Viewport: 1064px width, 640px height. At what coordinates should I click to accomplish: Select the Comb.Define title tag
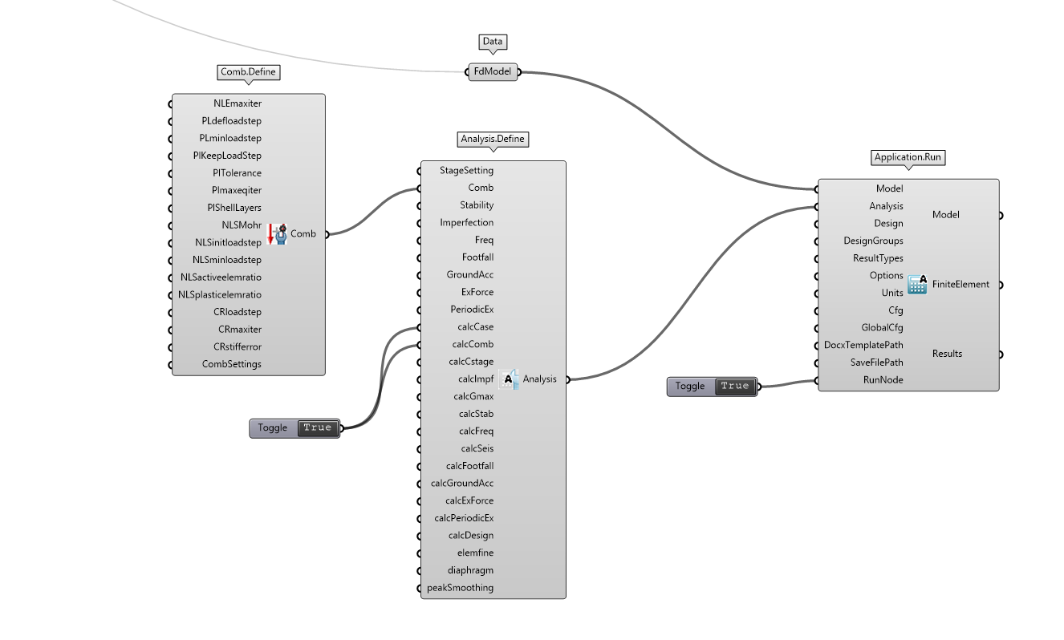coord(249,72)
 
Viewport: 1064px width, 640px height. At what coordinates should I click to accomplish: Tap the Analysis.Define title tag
coord(493,139)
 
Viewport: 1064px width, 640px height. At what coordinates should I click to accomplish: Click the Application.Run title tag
coord(908,157)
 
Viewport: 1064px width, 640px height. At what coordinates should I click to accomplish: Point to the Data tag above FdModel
coord(493,42)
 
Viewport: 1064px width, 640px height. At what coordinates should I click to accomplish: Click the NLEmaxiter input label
coord(238,103)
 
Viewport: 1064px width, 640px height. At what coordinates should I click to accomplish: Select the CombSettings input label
coord(232,364)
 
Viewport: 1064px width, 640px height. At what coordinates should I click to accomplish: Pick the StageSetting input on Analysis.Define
coord(467,170)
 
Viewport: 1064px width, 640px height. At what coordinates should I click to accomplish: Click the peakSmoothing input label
coord(461,588)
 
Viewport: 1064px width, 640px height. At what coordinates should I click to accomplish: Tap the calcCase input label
coord(473,327)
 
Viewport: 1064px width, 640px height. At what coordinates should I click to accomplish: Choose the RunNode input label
coord(883,380)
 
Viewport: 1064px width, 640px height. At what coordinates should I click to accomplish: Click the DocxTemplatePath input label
coord(863,345)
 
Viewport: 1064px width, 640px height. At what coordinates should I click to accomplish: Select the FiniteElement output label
coord(960,284)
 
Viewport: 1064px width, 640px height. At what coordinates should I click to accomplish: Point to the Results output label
coord(947,354)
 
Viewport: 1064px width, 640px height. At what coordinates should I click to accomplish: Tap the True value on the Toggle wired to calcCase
coord(318,428)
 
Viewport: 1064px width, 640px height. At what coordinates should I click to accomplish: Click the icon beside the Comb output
coord(276,234)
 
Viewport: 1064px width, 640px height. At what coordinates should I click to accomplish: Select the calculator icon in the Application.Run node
coord(917,284)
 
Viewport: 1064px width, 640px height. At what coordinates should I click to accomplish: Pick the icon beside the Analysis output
coord(509,379)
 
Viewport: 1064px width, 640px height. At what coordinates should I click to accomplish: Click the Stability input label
coord(477,205)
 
